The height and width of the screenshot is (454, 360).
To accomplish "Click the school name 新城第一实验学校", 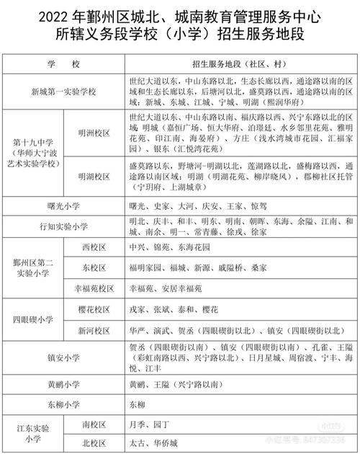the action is [63, 92].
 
